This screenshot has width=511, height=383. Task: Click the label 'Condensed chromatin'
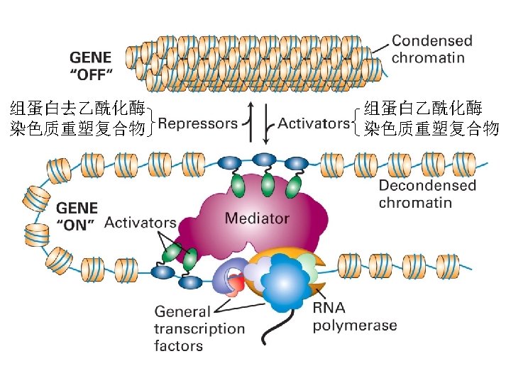pyautogui.click(x=432, y=49)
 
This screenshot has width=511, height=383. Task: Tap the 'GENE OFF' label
pyautogui.click(x=90, y=65)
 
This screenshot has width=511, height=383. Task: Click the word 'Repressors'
pyautogui.click(x=197, y=123)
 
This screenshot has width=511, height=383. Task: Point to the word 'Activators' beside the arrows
pyautogui.click(x=314, y=123)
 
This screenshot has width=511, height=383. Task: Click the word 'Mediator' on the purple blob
pyautogui.click(x=257, y=218)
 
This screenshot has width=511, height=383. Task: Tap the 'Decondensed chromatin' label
pyautogui.click(x=427, y=194)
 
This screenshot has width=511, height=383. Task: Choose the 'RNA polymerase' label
pyautogui.click(x=354, y=317)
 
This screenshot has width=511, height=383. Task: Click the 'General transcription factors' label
pyautogui.click(x=199, y=328)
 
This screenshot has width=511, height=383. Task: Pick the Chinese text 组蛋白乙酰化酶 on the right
pyautogui.click(x=424, y=109)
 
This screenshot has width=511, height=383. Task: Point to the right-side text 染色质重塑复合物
pyautogui.click(x=432, y=128)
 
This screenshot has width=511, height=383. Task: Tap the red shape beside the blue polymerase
pyautogui.click(x=236, y=285)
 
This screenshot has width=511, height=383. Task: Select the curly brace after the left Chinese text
pyautogui.click(x=151, y=118)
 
